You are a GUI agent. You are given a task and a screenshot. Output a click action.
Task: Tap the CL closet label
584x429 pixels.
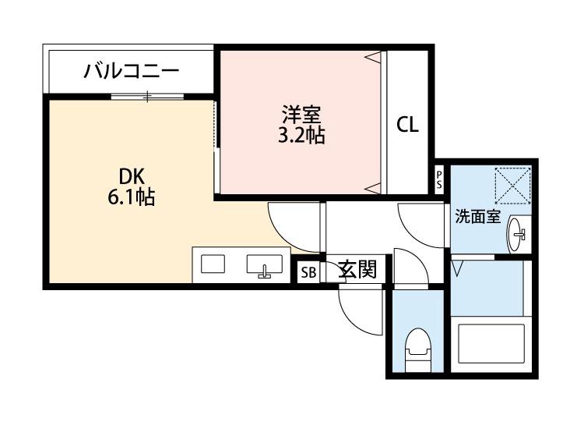pos(407,125)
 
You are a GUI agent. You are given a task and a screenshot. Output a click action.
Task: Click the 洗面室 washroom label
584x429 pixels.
pos(477,218)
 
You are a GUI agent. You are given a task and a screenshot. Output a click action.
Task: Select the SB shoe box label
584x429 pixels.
pos(308,272)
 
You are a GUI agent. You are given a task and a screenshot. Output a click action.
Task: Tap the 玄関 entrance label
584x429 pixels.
pos(359,270)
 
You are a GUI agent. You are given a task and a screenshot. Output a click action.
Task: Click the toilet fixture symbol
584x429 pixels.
pos(417,346)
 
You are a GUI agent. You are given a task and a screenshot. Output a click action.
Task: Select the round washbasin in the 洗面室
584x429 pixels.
pos(516,232)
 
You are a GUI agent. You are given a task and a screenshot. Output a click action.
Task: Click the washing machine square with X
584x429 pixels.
pos(512,185)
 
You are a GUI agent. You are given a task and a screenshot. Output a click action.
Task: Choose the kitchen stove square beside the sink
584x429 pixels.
pos(212,264)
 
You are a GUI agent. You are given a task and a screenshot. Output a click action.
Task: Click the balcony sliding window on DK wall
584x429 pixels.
pos(147,96)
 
